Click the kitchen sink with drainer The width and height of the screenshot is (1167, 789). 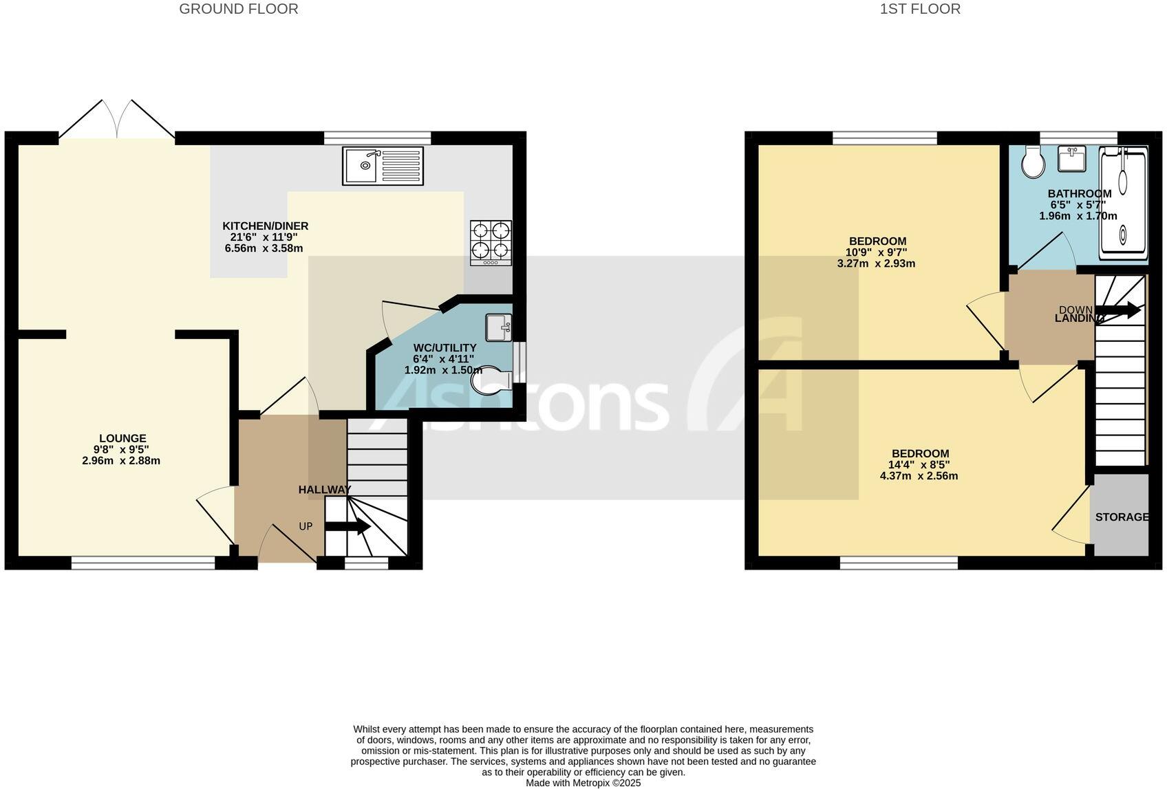coord(383,166)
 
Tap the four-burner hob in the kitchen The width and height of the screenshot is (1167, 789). coord(491,243)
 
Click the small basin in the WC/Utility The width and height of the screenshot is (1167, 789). coord(498,327)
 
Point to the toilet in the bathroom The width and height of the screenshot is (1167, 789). coord(1034,162)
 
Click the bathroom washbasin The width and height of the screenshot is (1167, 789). coord(1071,160)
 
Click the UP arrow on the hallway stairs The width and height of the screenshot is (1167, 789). coord(348,527)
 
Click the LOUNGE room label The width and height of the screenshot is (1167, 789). coord(122,438)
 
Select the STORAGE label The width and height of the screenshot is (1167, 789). coord(1122,517)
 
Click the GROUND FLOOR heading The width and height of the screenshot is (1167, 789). coord(239,9)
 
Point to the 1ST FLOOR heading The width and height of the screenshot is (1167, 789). coord(920,9)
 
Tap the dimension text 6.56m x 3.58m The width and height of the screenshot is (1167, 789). coord(264,248)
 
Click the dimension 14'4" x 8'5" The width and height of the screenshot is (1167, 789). coord(919,464)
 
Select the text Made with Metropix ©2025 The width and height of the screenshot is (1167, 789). coord(583,783)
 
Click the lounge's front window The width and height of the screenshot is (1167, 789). coord(143,563)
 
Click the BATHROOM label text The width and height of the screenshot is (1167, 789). coord(1079,193)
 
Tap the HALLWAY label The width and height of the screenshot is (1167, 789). coord(324,490)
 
